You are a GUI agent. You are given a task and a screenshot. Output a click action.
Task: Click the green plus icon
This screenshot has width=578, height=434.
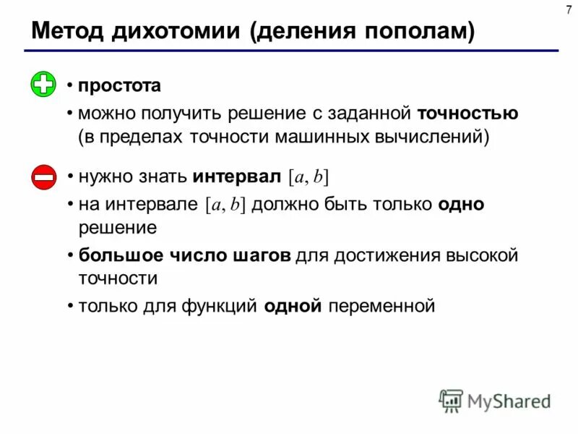tap(43, 85)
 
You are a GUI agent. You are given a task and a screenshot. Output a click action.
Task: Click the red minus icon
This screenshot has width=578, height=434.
tap(43, 177)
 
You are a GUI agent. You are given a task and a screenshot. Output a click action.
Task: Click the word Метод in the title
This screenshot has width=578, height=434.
tap(66, 32)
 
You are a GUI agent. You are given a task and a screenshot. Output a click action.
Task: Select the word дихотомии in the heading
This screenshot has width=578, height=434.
tap(174, 32)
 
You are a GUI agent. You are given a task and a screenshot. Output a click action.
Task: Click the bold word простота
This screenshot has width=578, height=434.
tap(119, 85)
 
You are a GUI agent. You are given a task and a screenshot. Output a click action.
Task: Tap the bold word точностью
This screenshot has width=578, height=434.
tap(467, 113)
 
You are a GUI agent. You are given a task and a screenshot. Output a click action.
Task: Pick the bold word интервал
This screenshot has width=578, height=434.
tap(236, 176)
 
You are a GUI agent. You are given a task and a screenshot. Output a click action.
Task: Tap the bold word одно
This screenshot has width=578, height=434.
tap(460, 205)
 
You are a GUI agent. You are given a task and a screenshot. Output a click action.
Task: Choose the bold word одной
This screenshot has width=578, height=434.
tap(292, 306)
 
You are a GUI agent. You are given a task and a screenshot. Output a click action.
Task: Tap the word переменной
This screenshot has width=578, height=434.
tap(381, 306)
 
